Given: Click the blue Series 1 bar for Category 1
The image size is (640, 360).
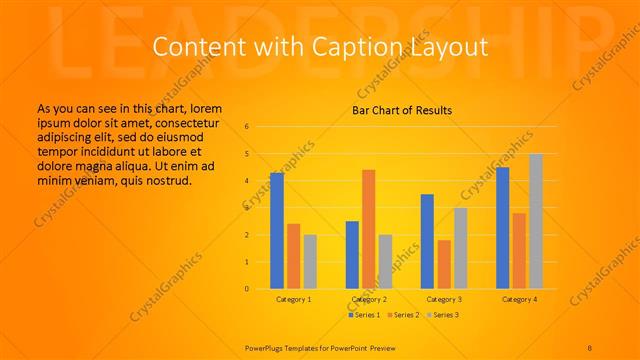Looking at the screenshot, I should coord(277,231).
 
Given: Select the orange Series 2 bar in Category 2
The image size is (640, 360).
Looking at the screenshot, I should coord(368,229).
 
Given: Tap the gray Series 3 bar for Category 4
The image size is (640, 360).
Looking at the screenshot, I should coord(536,221).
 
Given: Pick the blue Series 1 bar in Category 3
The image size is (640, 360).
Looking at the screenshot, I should coord(427,241).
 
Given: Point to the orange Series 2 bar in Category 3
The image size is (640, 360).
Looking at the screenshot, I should coord(444,264).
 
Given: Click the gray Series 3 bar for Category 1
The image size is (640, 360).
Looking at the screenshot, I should coord(310,261).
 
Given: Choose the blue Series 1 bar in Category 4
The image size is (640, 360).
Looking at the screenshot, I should coord(503,228).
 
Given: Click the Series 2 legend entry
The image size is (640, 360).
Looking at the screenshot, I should coord(403,315).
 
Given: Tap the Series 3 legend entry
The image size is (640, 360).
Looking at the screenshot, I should coord(442,315).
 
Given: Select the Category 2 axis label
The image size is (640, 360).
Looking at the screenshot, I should coord(369,299).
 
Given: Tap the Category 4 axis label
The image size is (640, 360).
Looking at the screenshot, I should coord(519,299).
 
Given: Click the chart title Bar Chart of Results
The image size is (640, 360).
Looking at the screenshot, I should coord(403,110).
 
